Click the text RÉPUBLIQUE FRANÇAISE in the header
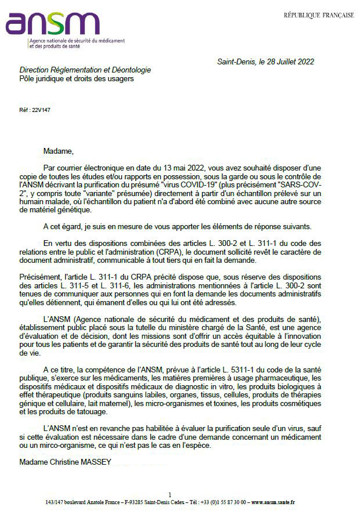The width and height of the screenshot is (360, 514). click(319, 15)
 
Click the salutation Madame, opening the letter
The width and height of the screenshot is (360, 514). click(59, 151)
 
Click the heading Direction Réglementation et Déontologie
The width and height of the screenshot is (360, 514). click(85, 70)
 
